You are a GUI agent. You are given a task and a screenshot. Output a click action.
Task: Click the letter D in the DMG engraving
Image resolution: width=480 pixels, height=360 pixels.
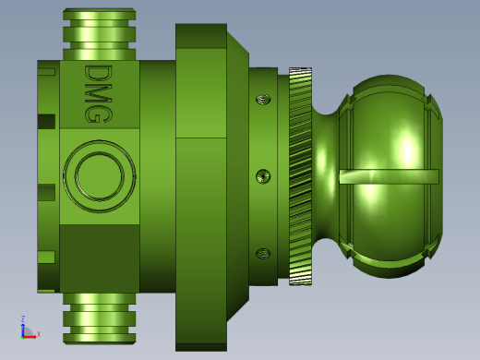[x=99, y=73]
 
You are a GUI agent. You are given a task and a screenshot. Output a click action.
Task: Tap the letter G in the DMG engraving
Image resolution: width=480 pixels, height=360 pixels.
[x=99, y=114]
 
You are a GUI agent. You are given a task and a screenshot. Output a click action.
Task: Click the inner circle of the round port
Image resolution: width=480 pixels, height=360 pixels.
[x=100, y=176]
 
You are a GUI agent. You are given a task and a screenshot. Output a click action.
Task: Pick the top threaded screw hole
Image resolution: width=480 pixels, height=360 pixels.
[x=263, y=100]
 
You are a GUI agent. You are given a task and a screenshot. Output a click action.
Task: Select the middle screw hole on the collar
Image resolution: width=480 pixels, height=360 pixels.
[x=263, y=176]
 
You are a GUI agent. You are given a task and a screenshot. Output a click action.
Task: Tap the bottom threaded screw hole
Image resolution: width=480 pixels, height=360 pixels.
[x=263, y=254]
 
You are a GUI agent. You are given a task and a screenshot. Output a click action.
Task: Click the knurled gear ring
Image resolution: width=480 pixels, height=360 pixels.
[x=300, y=176]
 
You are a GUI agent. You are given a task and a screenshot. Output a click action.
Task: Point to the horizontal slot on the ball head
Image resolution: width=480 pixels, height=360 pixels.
[x=389, y=176]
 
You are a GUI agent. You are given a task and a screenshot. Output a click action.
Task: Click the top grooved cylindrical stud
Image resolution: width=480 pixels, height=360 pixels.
[x=100, y=34]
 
